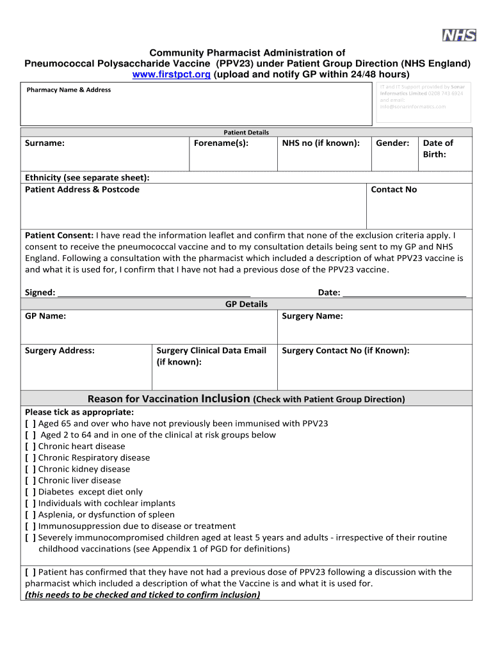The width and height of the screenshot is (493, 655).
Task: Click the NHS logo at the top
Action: tap(459, 35)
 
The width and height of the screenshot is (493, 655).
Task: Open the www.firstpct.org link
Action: tap(171, 75)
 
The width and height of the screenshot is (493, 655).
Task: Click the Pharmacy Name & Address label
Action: tap(69, 90)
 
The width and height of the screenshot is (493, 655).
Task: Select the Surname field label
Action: tap(44, 143)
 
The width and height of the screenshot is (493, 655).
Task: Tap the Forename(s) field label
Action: tap(221, 143)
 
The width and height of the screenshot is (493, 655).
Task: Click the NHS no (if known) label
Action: tap(321, 143)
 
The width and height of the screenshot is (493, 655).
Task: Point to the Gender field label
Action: tap(392, 143)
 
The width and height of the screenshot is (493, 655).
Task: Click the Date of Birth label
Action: tap(438, 148)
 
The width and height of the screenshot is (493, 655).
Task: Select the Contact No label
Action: tap(394, 189)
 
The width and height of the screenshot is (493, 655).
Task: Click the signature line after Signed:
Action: tap(150, 293)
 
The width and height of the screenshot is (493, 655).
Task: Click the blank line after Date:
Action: tap(404, 293)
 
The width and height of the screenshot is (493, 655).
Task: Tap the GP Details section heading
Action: tap(247, 304)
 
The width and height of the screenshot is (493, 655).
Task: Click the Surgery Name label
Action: tap(312, 316)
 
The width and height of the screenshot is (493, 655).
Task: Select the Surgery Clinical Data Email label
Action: tap(211, 356)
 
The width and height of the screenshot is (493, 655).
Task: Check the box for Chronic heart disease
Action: tap(30, 446)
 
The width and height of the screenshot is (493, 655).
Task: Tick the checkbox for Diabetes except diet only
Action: tap(30, 492)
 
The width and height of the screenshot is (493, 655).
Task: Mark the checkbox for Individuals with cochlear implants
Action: tap(30, 503)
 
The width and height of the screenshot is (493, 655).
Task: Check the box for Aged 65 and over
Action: tap(30, 423)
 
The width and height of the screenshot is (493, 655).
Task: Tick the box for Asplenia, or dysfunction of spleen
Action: tap(30, 515)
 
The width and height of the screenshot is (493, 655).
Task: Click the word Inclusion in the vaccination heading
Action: tap(225, 399)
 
